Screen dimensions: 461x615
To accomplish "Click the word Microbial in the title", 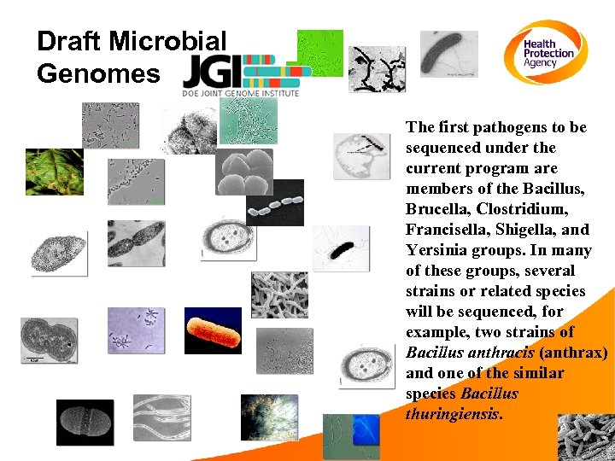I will click(169, 41).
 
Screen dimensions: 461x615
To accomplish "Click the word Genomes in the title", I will click(97, 73).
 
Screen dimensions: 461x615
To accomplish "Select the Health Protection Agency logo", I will click(549, 53).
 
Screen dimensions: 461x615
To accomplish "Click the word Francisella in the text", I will click(444, 229).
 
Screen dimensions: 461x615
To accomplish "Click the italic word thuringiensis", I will click(453, 413).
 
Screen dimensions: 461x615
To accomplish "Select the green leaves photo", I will click(54, 172).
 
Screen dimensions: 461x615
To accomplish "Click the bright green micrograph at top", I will click(319, 52).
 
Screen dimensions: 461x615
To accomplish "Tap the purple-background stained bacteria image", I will click(136, 330).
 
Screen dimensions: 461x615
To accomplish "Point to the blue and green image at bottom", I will click(350, 435).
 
